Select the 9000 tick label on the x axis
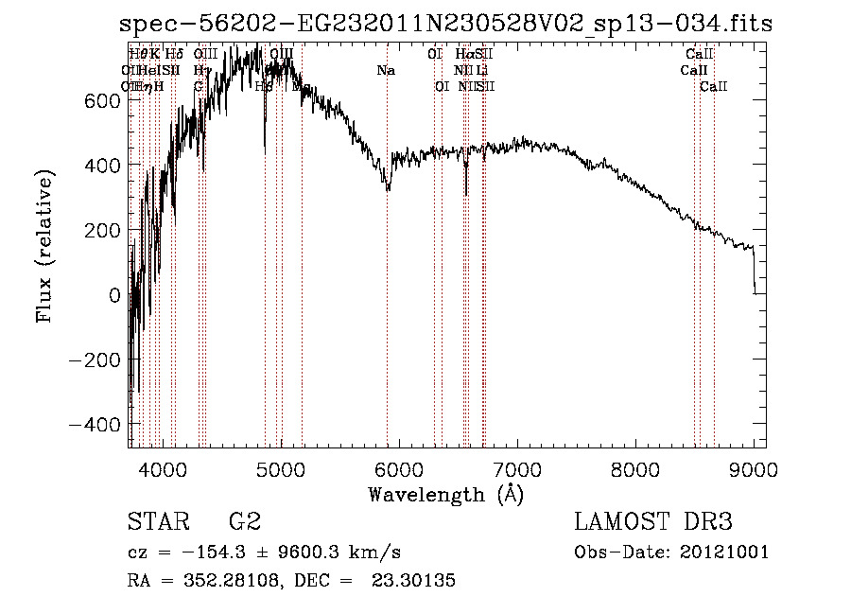(x=754, y=468)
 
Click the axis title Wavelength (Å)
(x=445, y=494)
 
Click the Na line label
(x=386, y=71)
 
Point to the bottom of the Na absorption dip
(x=388, y=190)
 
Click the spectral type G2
(x=244, y=522)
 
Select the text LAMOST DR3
(x=652, y=522)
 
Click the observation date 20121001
(x=723, y=553)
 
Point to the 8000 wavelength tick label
(x=634, y=468)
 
